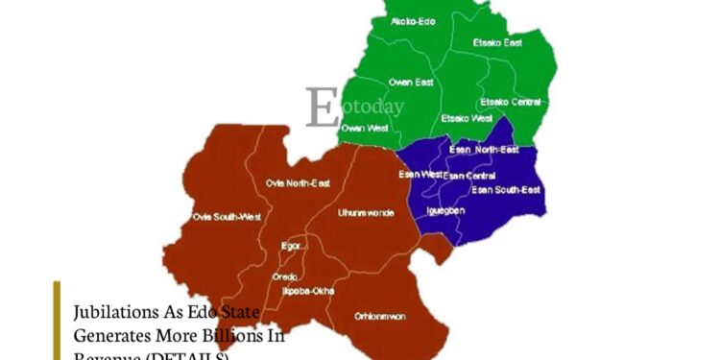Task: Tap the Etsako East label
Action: point(497,42)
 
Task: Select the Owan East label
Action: point(411,83)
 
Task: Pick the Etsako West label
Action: point(466,118)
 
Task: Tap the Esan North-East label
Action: point(484,150)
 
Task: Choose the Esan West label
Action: point(420,174)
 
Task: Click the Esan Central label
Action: point(469,176)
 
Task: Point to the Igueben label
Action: point(444,209)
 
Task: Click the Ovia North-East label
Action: point(297,182)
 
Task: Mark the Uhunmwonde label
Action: point(366,212)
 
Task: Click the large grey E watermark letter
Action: point(322,107)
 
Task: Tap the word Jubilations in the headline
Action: point(111,314)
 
